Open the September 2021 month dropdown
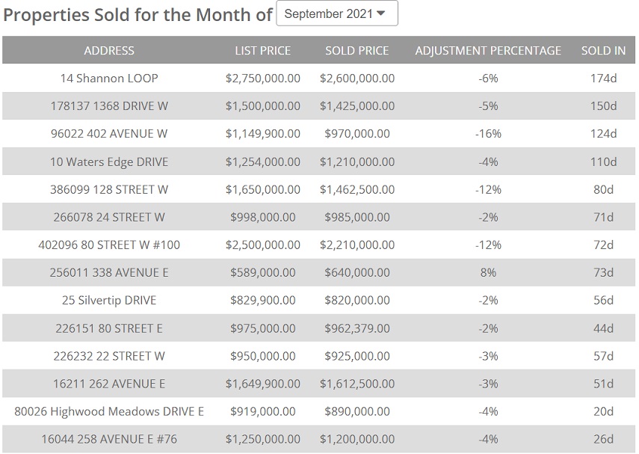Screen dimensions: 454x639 336,13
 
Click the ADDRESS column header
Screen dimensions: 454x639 109,51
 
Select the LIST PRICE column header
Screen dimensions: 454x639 262,51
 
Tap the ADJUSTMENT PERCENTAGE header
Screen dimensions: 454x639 488,51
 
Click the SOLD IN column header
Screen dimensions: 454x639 603,51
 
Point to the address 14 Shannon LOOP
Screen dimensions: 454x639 109,79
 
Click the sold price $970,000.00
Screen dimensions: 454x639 357,134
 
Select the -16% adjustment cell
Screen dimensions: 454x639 488,134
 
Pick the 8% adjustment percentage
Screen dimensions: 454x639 488,272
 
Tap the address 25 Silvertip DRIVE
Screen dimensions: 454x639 109,300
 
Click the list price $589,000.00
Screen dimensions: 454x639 262,272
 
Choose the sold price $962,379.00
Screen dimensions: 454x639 357,328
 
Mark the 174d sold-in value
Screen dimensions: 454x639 603,79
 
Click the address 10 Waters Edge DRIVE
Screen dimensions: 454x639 109,162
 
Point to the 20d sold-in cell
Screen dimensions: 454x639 603,411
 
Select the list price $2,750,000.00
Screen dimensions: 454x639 262,79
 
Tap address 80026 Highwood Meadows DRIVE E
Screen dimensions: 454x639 109,411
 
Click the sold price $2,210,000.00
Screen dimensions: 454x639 357,245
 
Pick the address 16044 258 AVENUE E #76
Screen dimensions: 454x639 109,439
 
